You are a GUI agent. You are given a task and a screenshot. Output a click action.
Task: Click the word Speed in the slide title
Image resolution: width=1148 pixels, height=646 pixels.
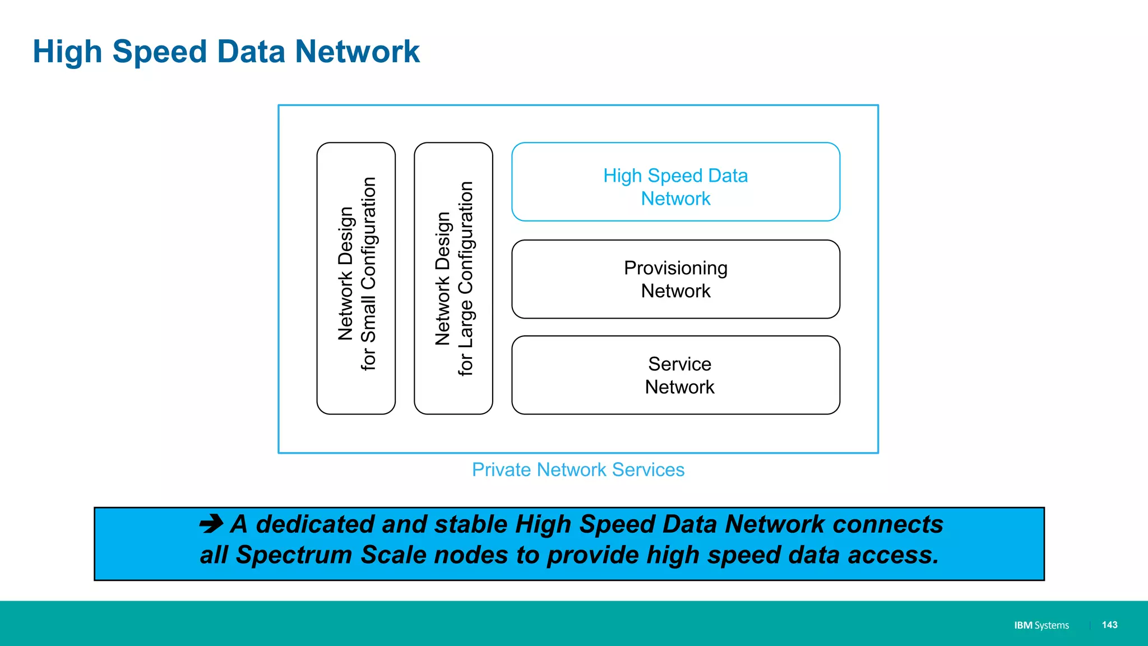click(160, 53)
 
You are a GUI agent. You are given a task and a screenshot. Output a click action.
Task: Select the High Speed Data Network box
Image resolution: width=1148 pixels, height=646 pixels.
click(675, 182)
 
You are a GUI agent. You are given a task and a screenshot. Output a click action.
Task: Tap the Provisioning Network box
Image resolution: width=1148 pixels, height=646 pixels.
click(675, 279)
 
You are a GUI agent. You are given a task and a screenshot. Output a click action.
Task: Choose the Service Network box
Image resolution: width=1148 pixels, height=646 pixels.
click(675, 375)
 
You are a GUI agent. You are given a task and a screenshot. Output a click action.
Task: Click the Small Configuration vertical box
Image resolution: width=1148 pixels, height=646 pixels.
click(356, 278)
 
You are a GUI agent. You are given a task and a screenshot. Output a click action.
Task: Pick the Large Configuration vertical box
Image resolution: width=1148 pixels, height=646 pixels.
click(453, 278)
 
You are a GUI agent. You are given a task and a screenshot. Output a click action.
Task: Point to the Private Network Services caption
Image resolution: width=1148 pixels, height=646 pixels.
click(578, 470)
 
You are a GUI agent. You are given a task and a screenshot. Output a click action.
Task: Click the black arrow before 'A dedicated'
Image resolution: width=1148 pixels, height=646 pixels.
click(211, 524)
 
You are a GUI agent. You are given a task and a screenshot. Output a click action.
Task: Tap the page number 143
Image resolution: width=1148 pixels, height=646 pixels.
click(1109, 625)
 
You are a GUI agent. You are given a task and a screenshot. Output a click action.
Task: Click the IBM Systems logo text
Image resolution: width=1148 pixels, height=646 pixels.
click(1041, 625)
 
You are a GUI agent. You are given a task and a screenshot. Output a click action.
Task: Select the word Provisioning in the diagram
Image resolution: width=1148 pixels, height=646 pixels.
click(675, 269)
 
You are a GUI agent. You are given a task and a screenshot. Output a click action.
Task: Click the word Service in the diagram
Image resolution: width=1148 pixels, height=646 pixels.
click(679, 364)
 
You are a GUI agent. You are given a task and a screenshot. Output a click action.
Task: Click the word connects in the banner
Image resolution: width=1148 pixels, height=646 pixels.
click(887, 524)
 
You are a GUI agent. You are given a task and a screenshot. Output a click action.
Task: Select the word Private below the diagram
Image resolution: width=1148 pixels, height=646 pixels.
click(501, 470)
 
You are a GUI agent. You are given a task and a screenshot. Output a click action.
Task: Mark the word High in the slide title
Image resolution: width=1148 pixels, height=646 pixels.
click(67, 53)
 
